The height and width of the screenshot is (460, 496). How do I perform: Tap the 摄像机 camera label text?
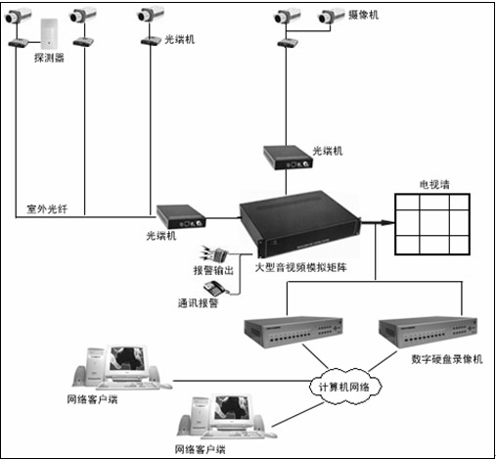pos(363,15)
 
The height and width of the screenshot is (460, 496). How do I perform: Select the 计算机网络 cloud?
pos(344,387)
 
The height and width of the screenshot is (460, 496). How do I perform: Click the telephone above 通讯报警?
pos(215,288)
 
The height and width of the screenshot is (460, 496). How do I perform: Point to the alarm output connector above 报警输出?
pos(214,253)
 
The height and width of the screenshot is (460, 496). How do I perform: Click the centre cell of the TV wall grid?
pos(434,222)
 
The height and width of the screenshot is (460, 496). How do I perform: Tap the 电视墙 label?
pos(434,185)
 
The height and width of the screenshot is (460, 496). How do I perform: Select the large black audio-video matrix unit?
pos(300,224)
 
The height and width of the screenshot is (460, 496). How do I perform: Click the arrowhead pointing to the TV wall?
pos(388,223)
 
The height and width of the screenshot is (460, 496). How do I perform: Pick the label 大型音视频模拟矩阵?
pos(300,267)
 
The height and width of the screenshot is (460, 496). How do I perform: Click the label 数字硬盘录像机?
pos(447,359)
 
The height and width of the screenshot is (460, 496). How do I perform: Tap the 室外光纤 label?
pos(47,208)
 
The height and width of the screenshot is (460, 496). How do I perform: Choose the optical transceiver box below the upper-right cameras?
pos(288,158)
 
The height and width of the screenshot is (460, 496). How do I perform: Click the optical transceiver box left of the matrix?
pos(181,216)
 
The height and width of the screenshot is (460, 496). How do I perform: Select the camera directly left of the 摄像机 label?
pos(331,17)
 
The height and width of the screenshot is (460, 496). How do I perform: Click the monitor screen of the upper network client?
pos(127,358)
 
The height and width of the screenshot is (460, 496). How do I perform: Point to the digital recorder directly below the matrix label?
pos(293,332)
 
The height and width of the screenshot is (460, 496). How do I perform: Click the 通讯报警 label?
pos(198,303)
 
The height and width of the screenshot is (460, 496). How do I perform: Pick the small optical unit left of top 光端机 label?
pos(151,41)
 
